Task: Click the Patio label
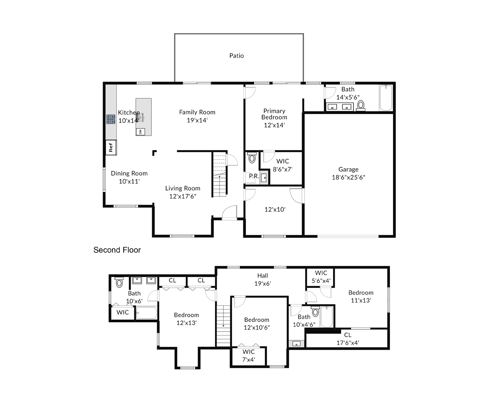point(237,56)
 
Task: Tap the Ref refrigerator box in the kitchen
point(111,147)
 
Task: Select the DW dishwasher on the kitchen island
point(140,132)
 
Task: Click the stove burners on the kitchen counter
point(111,119)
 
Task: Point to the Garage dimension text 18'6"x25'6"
point(348,177)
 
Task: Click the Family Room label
point(197,112)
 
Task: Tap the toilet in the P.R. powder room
point(252,158)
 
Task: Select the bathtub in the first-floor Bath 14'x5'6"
point(386,98)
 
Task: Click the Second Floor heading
point(117,250)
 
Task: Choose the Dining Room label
point(129,173)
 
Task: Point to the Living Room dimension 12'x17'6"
point(183,196)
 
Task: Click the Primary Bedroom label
point(274,114)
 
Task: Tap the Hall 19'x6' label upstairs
point(263,279)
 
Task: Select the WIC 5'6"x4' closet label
point(321,277)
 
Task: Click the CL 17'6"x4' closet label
point(348,339)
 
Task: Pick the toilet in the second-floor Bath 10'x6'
point(119,283)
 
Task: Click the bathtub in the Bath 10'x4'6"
point(326,317)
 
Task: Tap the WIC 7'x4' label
point(249,356)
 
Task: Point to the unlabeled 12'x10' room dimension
point(275,209)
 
